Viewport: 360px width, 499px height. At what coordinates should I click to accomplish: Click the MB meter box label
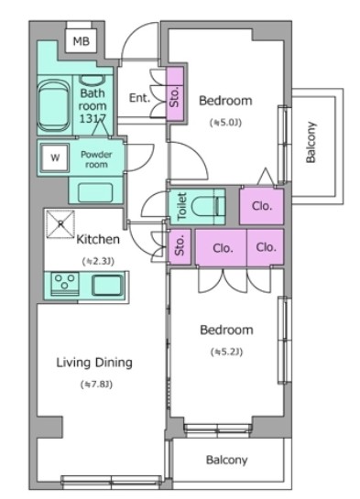coord(82,41)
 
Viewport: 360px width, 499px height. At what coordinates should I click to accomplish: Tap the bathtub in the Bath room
coord(54,106)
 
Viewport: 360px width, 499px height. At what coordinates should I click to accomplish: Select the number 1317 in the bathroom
coord(93,119)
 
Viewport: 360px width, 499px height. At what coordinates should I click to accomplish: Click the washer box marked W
coord(55,157)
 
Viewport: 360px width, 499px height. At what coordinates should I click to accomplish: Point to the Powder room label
coord(96,159)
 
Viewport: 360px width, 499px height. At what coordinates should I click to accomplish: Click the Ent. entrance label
coord(139,97)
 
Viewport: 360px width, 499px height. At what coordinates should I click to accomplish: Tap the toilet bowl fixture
coord(209,207)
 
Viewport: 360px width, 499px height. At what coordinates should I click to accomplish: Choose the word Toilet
coord(181,206)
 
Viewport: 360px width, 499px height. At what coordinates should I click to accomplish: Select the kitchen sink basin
coord(107,285)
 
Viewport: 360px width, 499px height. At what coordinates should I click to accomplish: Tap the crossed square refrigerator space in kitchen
coord(60,224)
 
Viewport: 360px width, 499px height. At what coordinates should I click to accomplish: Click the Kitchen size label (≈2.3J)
coord(98,261)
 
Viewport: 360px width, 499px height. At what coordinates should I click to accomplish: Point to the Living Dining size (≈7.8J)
coord(96,385)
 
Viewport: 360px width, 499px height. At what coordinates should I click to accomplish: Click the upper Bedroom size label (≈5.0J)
coord(225,122)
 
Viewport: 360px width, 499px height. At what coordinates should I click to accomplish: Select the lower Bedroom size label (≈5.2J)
coord(226,352)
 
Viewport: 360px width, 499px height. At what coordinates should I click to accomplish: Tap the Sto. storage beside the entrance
coord(175,95)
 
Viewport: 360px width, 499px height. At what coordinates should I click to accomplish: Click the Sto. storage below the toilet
coord(180,247)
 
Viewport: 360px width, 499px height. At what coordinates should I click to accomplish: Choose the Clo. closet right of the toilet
coord(262,206)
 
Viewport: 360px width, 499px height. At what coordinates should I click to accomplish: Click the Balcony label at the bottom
coord(226,460)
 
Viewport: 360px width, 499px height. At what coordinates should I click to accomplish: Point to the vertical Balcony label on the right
coord(311,142)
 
